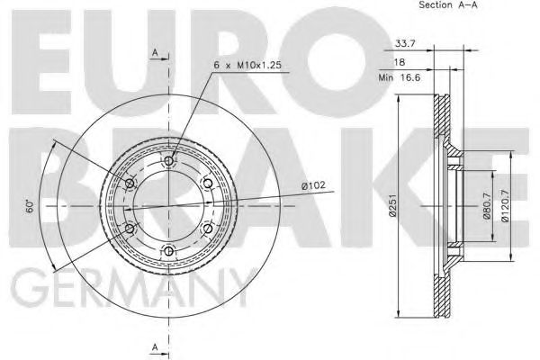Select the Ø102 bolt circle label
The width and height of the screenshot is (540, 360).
[x=312, y=186]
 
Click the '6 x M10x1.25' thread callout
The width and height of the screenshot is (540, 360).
[x=247, y=66]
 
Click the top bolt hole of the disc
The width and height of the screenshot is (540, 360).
[x=169, y=161]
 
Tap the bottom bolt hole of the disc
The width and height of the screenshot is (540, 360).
[x=169, y=251]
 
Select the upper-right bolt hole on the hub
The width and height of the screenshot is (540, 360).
[x=208, y=184]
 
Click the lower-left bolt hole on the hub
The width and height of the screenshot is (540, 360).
[x=130, y=229]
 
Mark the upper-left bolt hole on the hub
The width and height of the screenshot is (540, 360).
[x=130, y=184]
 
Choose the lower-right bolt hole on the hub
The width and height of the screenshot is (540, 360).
[x=208, y=229]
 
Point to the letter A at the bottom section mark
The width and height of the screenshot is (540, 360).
[x=154, y=346]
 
